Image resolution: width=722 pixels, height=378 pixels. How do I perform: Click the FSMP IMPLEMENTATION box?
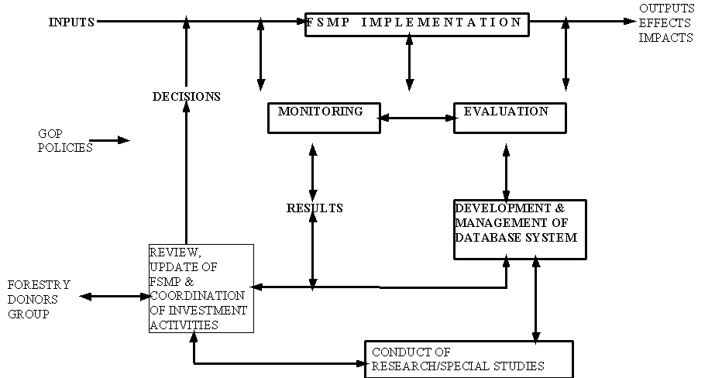[x=417, y=24]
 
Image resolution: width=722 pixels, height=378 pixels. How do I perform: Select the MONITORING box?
[x=324, y=118]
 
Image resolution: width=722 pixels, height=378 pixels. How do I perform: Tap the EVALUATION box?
[x=509, y=118]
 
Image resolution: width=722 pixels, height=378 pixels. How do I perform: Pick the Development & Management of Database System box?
[x=519, y=229]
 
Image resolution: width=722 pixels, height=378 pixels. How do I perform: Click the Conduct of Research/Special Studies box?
[x=469, y=359]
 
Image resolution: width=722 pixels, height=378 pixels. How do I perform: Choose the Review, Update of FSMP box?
[x=201, y=288]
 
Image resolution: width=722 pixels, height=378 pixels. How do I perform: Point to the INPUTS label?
[x=71, y=22]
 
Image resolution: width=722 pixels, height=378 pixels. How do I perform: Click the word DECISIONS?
[x=186, y=97]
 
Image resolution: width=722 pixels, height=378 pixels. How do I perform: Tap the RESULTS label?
[x=315, y=208]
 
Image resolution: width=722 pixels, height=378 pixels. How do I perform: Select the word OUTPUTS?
[x=666, y=9]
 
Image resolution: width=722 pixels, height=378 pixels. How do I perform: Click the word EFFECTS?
[x=665, y=23]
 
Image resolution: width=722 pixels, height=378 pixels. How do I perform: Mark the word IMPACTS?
[x=665, y=38]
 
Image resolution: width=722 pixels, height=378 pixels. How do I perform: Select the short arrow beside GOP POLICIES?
[x=113, y=140]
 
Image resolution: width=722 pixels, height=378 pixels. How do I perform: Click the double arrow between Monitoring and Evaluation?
[x=417, y=119]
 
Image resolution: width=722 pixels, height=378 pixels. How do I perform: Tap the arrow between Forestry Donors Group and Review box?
[x=114, y=296]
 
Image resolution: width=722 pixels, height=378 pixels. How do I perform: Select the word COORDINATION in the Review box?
[x=197, y=295]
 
